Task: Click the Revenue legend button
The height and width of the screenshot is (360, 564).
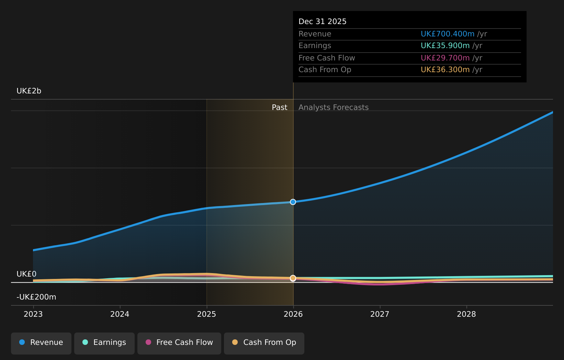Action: (x=41, y=342)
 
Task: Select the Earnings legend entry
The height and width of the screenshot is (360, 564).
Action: (x=104, y=342)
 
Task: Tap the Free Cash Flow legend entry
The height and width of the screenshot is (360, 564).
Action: (x=179, y=342)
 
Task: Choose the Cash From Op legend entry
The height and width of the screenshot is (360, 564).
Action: (x=264, y=342)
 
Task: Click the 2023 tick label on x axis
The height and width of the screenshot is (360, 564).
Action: (x=33, y=314)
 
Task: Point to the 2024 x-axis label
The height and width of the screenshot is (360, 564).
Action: (x=120, y=314)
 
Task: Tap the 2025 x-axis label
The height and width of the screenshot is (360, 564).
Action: (x=206, y=314)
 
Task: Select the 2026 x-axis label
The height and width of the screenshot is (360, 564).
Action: (x=293, y=314)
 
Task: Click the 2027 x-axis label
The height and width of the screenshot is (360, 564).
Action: (x=380, y=314)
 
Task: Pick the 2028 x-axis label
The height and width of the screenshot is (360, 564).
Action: (x=466, y=314)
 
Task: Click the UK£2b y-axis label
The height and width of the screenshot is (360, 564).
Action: (x=29, y=91)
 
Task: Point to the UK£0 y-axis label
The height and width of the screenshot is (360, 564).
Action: (x=26, y=274)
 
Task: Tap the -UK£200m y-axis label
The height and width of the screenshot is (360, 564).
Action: (x=36, y=297)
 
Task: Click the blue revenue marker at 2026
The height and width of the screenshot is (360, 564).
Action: (x=293, y=202)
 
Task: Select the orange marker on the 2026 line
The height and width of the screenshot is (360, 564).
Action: (x=293, y=278)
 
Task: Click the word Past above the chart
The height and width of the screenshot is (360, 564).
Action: (x=280, y=108)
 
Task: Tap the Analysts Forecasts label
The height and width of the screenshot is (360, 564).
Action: (x=334, y=108)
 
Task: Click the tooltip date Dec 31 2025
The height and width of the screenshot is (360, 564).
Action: (x=323, y=22)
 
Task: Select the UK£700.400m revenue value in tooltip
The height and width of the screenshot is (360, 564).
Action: (x=448, y=34)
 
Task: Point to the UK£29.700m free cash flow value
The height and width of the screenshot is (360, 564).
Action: (x=445, y=58)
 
